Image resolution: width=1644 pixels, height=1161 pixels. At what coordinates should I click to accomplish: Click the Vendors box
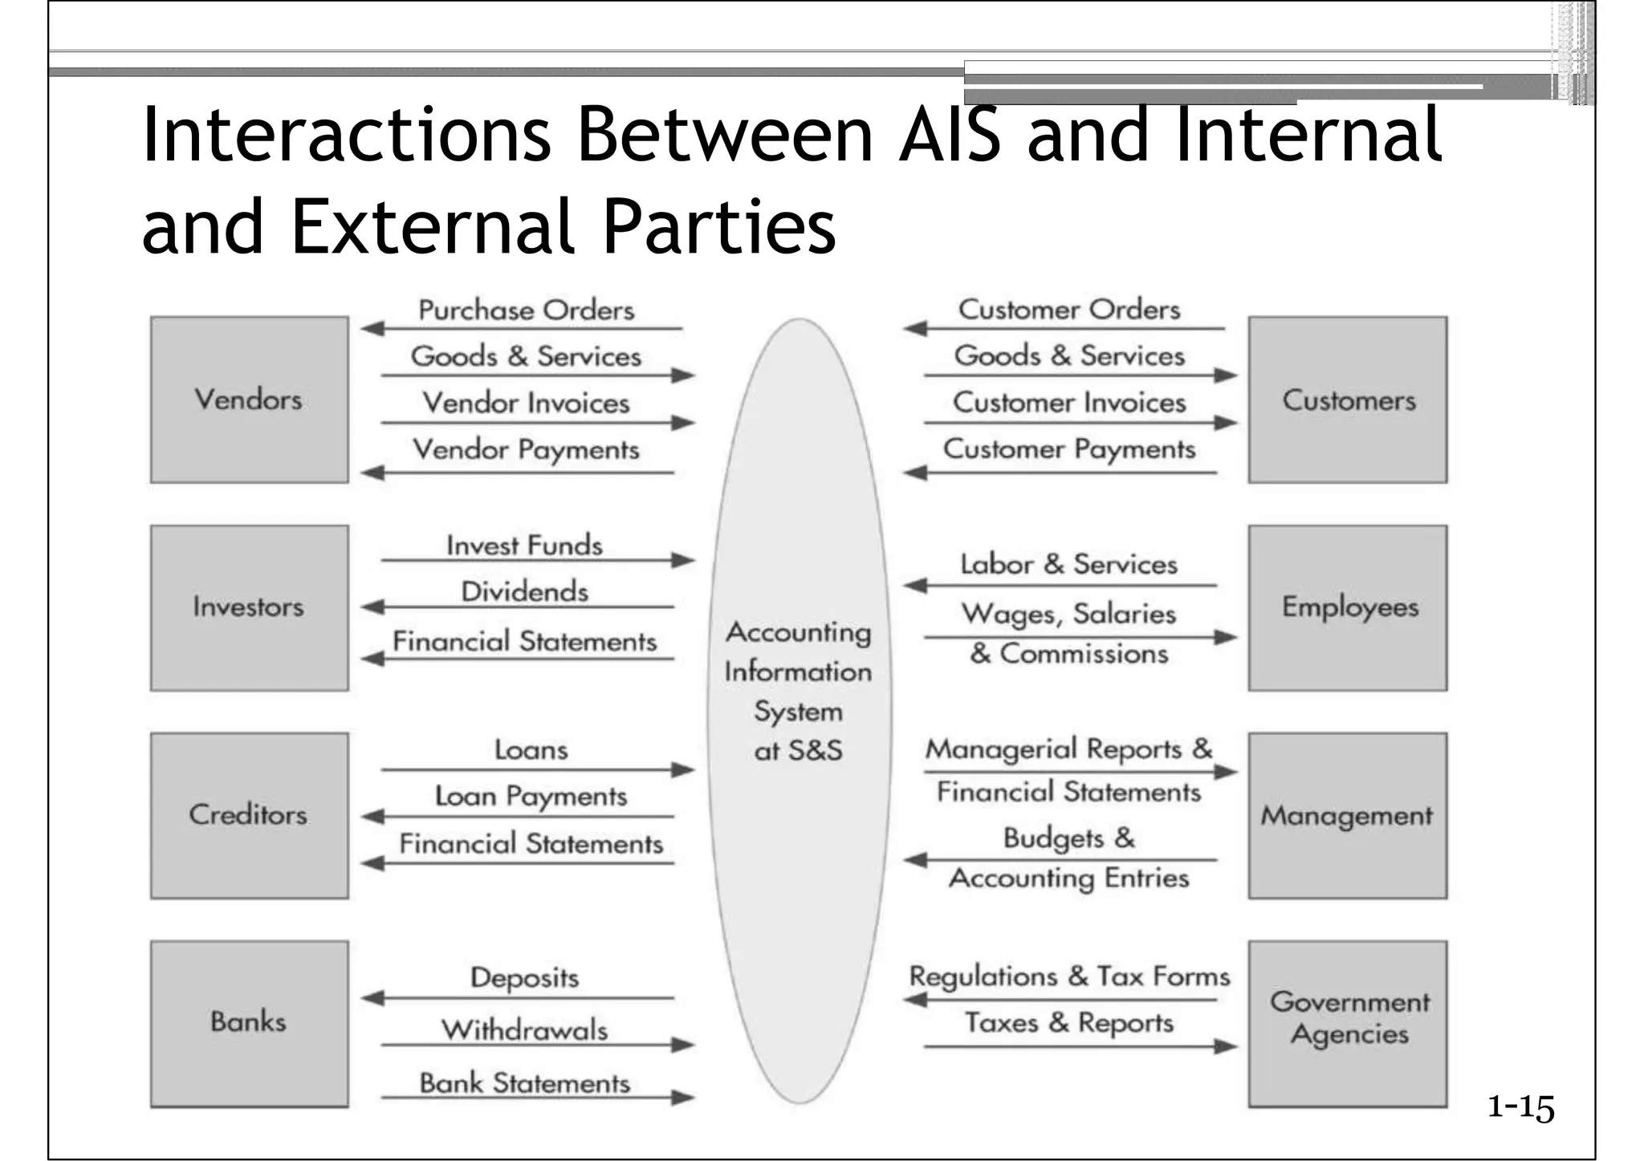[249, 400]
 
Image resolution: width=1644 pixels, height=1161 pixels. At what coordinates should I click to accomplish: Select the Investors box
[249, 607]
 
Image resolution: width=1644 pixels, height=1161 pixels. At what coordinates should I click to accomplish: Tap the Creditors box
[249, 815]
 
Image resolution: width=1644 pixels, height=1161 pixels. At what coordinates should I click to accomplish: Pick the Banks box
[249, 1023]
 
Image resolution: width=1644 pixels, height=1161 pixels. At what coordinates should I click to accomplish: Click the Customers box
[1348, 400]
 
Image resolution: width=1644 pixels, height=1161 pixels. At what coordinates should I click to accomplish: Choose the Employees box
[1348, 607]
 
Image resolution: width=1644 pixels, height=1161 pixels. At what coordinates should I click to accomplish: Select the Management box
[1348, 815]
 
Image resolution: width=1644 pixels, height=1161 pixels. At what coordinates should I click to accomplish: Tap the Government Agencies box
[1348, 1023]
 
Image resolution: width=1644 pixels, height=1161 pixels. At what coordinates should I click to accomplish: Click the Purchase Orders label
[526, 311]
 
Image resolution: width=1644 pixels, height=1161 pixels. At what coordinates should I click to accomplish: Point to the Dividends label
[524, 592]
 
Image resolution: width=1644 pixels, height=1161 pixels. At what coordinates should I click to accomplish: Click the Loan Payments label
[531, 797]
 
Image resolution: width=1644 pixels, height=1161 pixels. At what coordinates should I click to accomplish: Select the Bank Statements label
[524, 1083]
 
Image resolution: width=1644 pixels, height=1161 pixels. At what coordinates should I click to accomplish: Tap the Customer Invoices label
[1069, 403]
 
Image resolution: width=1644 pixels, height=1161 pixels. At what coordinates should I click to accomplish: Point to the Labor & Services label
[1069, 565]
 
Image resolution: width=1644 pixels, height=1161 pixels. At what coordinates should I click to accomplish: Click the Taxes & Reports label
[1069, 1023]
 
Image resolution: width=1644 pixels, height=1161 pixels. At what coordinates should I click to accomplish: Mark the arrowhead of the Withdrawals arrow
[684, 1045]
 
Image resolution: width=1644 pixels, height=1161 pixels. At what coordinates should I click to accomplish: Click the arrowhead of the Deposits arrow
[372, 998]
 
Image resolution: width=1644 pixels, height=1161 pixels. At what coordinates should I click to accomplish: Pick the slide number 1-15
[1520, 1108]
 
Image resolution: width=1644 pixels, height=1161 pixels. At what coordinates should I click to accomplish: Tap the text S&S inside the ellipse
[815, 751]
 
